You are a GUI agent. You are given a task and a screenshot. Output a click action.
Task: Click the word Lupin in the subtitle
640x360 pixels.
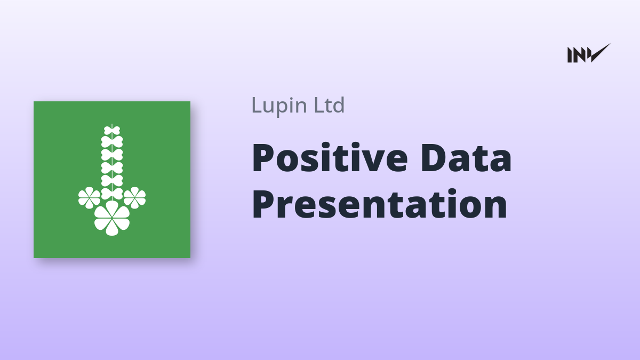pyautogui.click(x=279, y=106)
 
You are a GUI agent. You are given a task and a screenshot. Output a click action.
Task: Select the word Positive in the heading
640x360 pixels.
pyautogui.click(x=330, y=158)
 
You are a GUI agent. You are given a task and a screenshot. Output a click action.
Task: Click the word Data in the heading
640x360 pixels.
pyautogui.click(x=466, y=158)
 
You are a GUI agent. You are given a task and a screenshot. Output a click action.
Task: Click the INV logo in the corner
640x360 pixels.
pyautogui.click(x=589, y=53)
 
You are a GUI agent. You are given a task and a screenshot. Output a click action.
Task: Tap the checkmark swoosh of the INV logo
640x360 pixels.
pyautogui.click(x=599, y=53)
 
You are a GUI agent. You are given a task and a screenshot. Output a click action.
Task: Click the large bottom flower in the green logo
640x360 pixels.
pyautogui.click(x=112, y=218)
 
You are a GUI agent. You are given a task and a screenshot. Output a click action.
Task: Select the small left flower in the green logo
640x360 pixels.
pyautogui.click(x=90, y=197)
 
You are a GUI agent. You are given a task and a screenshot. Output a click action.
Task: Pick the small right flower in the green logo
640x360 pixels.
pyautogui.click(x=134, y=197)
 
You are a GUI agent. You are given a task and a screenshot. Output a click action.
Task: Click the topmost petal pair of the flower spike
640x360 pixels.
pyautogui.click(x=112, y=130)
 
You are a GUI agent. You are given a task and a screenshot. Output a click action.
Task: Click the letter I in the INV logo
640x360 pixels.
pyautogui.click(x=570, y=55)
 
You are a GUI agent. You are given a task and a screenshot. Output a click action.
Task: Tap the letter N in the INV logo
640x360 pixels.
pyautogui.click(x=579, y=55)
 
